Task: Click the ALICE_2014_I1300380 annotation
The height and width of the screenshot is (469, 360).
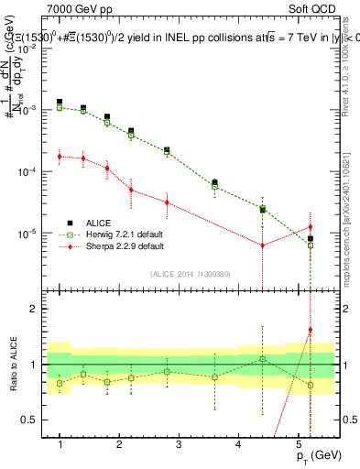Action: (x=189, y=273)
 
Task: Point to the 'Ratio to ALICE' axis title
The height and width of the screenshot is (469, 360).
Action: (x=13, y=364)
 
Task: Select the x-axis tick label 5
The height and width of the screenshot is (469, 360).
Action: (x=298, y=444)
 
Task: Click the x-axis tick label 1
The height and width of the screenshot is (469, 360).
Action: (x=60, y=444)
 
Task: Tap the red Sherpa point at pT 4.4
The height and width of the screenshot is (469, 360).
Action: (x=263, y=245)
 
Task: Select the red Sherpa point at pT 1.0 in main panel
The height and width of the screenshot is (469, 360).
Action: (x=60, y=157)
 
